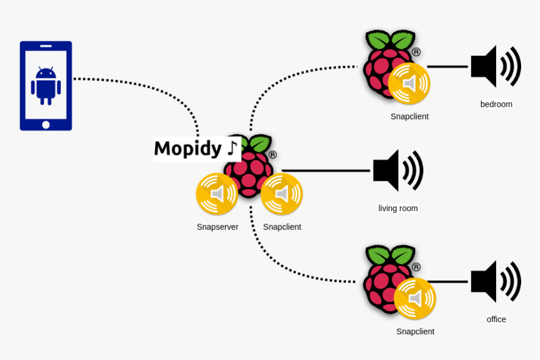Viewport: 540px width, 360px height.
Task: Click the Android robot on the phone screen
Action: coord(46,85)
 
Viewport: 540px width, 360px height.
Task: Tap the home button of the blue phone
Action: coord(46,124)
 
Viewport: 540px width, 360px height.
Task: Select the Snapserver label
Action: coord(217,227)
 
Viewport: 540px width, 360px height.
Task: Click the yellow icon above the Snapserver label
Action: coord(217,194)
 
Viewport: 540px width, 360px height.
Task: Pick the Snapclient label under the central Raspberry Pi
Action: coord(282,227)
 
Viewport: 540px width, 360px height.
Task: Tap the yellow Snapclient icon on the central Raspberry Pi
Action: coord(282,194)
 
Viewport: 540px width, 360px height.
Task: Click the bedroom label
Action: coord(496,104)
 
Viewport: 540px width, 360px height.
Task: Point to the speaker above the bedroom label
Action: coord(495,66)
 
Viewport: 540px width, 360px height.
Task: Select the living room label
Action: coord(397,209)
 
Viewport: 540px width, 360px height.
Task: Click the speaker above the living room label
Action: coord(397,170)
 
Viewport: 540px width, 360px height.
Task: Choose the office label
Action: coord(496,319)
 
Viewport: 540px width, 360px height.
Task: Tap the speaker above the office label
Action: coord(495,281)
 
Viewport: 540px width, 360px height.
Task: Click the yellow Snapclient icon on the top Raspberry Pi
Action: coord(409,84)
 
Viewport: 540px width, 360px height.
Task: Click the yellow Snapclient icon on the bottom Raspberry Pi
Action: coord(415,298)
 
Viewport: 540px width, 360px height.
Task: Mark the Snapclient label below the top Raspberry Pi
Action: coord(409,116)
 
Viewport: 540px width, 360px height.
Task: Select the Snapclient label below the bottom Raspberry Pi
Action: coord(415,332)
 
